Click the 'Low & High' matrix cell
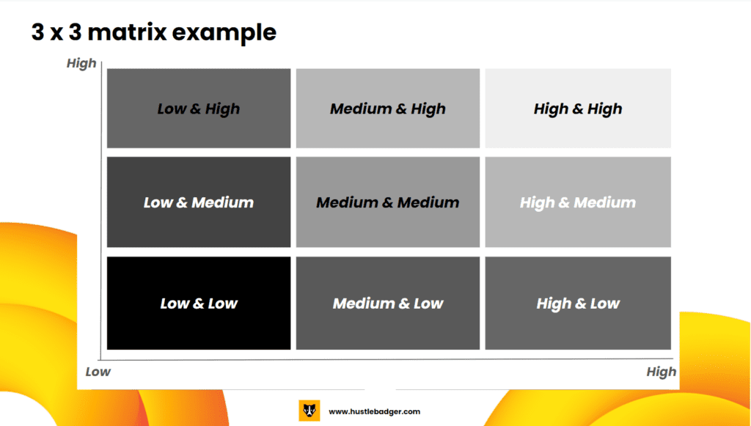(199, 109)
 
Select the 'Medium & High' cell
(388, 109)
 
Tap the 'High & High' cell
(578, 109)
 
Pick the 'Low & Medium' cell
(199, 202)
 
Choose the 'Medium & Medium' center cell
(388, 202)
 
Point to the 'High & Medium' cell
(578, 202)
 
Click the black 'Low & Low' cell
(199, 303)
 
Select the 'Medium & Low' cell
(388, 303)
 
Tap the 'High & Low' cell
(578, 303)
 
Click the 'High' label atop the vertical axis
(81, 64)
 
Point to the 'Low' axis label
(98, 372)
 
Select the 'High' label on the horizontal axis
(662, 372)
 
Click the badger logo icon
(309, 411)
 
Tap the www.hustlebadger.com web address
(375, 411)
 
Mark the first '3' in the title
(38, 32)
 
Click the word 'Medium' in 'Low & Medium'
(223, 202)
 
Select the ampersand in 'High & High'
(578, 109)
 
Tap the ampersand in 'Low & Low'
(198, 304)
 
